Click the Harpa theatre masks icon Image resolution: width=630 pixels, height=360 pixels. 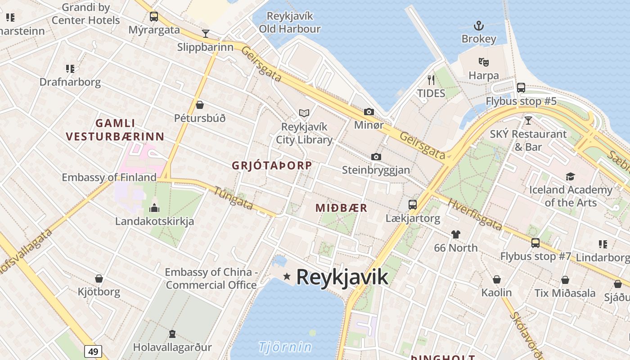484,62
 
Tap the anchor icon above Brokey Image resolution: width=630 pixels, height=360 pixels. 478,26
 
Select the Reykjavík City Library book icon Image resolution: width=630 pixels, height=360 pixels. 304,113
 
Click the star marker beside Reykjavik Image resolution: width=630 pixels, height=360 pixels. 287,276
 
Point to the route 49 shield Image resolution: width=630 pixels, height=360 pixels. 93,351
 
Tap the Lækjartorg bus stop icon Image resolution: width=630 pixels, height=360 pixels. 412,205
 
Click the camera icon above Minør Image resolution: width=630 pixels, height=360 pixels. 369,112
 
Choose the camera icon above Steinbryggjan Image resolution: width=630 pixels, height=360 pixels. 376,157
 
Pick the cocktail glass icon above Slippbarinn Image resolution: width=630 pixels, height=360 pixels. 206,33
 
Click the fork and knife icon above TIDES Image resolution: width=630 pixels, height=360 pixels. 431,80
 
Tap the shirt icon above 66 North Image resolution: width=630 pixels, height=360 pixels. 456,234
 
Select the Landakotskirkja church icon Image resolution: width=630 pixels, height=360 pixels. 154,208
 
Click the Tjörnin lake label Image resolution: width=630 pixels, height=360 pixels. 285,347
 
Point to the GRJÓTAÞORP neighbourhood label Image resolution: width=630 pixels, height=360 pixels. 272,166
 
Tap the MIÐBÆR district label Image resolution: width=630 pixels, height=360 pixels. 341,208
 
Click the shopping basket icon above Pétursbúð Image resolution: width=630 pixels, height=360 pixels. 200,105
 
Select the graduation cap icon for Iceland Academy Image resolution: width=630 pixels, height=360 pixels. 570,176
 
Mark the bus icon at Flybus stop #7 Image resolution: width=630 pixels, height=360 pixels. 535,243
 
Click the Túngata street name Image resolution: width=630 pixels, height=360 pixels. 233,198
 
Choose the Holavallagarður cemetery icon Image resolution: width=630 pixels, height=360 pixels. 172,334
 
